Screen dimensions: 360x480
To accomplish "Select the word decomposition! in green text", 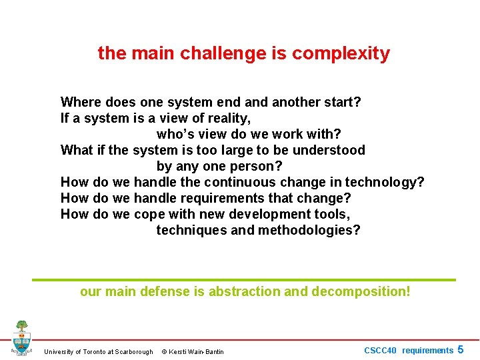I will pyautogui.click(x=360, y=292).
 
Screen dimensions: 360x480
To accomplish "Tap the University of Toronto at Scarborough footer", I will pyautogui.click(x=98, y=352).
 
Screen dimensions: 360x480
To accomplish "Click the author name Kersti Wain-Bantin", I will pyautogui.click(x=197, y=352).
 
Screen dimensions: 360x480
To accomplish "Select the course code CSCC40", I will pyautogui.click(x=380, y=351).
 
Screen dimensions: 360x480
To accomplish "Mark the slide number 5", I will pyautogui.click(x=460, y=350).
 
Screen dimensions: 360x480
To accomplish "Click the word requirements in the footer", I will pyautogui.click(x=427, y=351).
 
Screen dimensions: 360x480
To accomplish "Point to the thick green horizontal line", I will pyautogui.click(x=244, y=280).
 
